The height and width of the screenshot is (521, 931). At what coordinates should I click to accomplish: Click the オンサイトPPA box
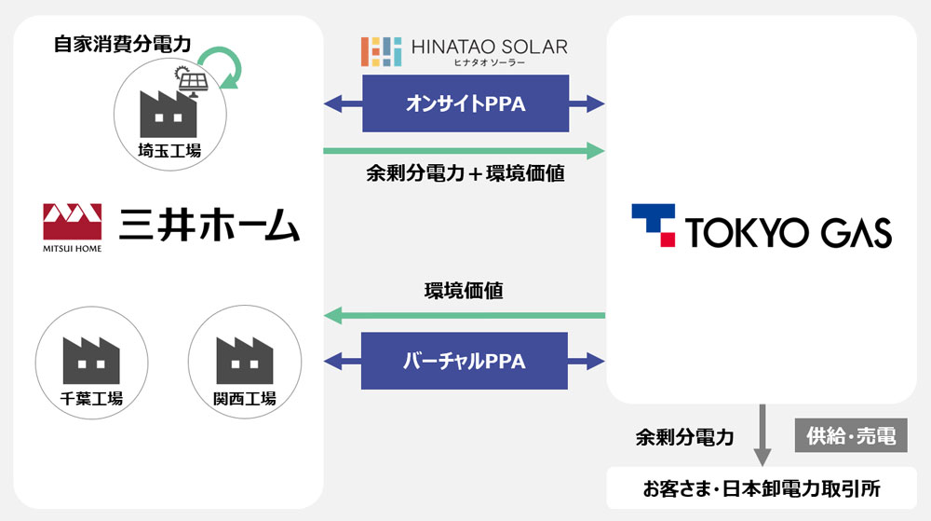click(465, 103)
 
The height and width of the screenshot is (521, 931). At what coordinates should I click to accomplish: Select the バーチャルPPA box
click(465, 361)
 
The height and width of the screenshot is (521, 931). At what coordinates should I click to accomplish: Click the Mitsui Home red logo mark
click(73, 221)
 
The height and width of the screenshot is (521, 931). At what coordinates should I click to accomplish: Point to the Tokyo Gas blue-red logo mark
click(654, 225)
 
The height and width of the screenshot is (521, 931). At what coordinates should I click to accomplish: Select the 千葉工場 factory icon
click(90, 360)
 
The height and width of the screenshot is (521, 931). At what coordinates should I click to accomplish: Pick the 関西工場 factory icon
click(244, 360)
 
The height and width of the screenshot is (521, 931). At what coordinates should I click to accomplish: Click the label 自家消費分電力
click(115, 44)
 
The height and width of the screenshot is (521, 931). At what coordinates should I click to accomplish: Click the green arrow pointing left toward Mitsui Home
click(465, 318)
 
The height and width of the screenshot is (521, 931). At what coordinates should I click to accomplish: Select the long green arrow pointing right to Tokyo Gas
click(465, 149)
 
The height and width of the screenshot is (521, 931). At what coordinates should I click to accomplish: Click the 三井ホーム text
click(209, 225)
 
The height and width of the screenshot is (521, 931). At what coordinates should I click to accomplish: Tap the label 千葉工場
click(90, 399)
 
